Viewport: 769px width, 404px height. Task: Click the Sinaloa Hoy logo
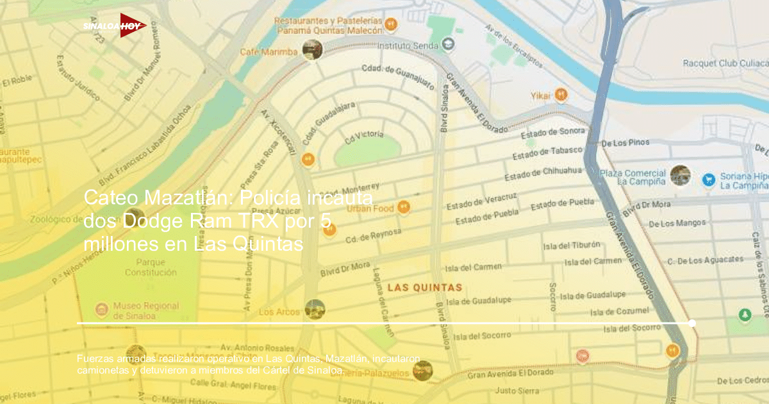pos(115,26)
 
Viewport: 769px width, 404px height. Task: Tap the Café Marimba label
pos(269,52)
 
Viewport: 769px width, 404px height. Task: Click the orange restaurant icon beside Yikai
pos(561,94)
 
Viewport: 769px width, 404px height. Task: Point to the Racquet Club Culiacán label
pos(725,63)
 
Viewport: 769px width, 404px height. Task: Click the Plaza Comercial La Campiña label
pos(633,178)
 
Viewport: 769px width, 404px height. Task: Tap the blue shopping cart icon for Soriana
pos(708,180)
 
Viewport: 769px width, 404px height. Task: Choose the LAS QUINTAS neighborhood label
pos(425,287)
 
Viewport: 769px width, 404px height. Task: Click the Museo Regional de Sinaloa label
pos(145,311)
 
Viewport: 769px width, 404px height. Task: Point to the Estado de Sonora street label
pos(552,132)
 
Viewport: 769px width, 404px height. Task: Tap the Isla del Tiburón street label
pos(571,245)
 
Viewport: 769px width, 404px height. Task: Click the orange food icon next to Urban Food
pos(403,207)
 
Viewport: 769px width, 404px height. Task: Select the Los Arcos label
pos(279,312)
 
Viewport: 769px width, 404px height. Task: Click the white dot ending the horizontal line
pos(691,323)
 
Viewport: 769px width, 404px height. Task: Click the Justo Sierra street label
pos(517,390)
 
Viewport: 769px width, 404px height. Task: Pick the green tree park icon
pos(744,315)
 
